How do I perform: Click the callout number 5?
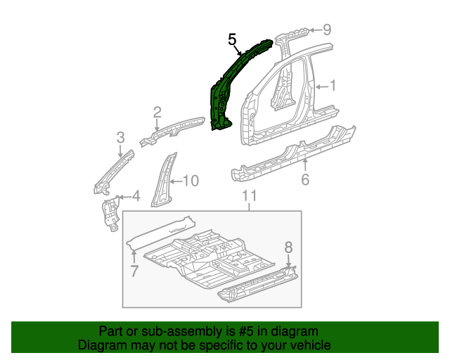pos(233,40)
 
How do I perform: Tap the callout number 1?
pos(333,86)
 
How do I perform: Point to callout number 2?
pos(157,112)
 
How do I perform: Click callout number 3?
pos(121,137)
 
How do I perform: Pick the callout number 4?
pos(136,195)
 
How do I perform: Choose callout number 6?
pos(305,180)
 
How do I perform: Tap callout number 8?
pos(288,247)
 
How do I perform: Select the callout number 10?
pos(191,181)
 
